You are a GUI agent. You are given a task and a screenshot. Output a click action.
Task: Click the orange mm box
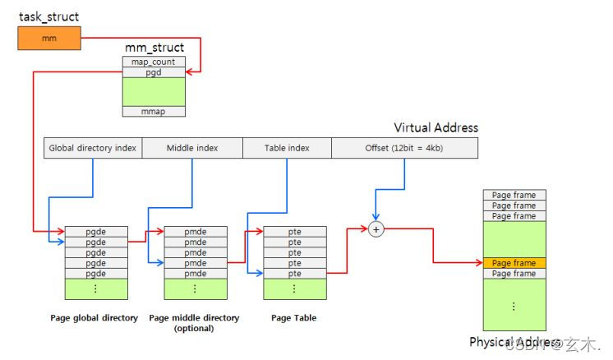click(x=48, y=37)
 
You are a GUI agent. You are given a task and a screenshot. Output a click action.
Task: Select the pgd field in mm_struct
click(x=154, y=72)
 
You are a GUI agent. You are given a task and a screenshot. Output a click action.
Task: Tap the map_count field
click(x=154, y=62)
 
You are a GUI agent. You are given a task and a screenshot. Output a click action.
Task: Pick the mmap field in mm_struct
click(x=154, y=111)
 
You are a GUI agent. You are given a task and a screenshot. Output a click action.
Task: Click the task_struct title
click(x=49, y=16)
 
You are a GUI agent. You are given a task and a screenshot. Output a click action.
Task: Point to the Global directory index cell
click(x=93, y=148)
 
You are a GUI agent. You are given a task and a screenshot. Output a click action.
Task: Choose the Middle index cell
click(x=192, y=148)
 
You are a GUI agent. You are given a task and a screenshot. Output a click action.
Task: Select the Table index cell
click(x=287, y=148)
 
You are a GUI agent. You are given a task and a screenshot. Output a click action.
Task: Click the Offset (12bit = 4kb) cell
click(x=404, y=148)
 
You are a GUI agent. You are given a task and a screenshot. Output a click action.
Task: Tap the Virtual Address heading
click(x=436, y=128)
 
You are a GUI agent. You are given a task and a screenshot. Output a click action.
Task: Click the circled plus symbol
click(x=377, y=231)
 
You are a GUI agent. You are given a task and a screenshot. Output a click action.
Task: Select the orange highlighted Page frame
click(x=514, y=264)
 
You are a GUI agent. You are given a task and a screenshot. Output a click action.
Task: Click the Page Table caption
click(x=294, y=317)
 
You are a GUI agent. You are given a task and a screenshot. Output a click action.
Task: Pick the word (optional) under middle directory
click(x=194, y=328)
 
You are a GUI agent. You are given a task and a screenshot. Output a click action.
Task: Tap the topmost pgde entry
click(x=96, y=233)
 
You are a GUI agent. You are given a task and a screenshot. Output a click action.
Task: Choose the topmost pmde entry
click(x=195, y=233)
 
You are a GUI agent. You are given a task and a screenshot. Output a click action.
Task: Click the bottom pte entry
click(x=294, y=274)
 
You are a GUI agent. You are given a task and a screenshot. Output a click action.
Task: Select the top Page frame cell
click(x=514, y=195)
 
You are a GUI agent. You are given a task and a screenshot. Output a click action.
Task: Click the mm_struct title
click(x=154, y=48)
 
